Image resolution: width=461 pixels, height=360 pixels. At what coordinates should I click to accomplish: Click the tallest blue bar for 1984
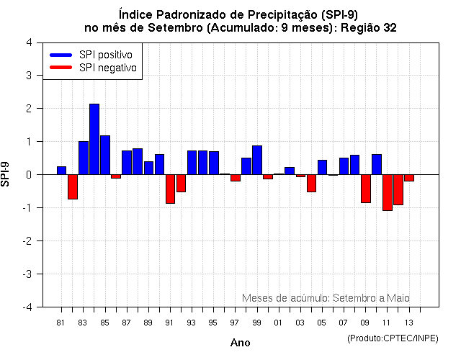pos(94,139)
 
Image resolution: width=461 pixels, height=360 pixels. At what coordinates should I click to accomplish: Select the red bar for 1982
pos(73,186)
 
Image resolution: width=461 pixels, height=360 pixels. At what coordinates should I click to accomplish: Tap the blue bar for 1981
pos(62,171)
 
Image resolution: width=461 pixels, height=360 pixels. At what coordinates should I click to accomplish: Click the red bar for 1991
pos(170,189)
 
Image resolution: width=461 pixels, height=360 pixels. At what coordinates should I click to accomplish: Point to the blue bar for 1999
pos(257,160)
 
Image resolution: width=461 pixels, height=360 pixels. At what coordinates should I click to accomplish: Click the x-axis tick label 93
pos(191,322)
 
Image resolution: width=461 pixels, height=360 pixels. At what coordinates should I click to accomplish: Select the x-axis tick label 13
pos(409,322)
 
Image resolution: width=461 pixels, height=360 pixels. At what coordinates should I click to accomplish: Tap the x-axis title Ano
pos(240,343)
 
